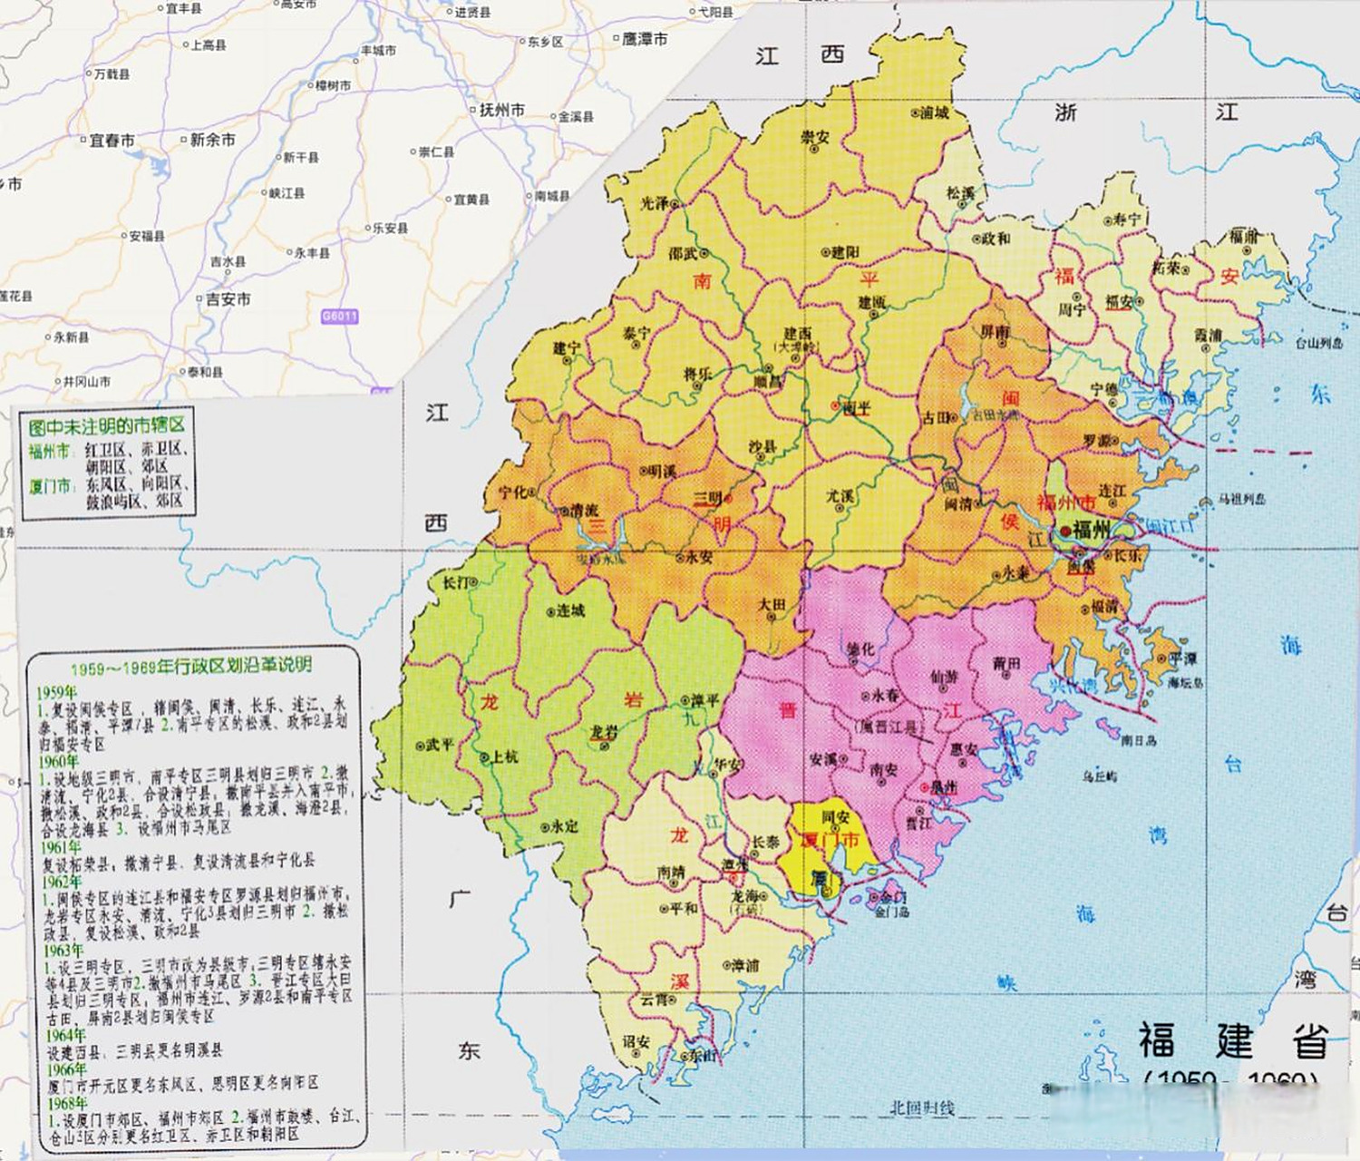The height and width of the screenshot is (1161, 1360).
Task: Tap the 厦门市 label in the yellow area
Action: coord(829,840)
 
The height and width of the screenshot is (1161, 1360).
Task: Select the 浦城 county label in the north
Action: coord(934,113)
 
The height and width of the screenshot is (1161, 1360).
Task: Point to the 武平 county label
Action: coord(439,745)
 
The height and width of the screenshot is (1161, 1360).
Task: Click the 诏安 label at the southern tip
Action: coord(636,1042)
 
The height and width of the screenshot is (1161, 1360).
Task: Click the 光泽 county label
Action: coord(655,204)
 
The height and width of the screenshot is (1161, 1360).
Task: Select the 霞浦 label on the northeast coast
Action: coord(1208,336)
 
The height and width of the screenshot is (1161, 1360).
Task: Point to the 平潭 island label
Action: coord(1182,659)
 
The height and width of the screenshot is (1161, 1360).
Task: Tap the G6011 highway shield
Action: coord(340,317)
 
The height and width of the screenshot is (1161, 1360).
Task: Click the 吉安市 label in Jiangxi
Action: coord(228,298)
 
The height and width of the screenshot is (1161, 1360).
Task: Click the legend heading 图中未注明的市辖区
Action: coord(107,425)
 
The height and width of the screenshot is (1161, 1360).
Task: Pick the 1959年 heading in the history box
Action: coord(56,692)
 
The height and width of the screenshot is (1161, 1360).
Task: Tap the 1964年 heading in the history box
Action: coord(66,1035)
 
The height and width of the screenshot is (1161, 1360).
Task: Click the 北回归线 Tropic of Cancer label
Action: coord(921,1107)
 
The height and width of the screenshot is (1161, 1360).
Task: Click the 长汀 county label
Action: coord(455,581)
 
